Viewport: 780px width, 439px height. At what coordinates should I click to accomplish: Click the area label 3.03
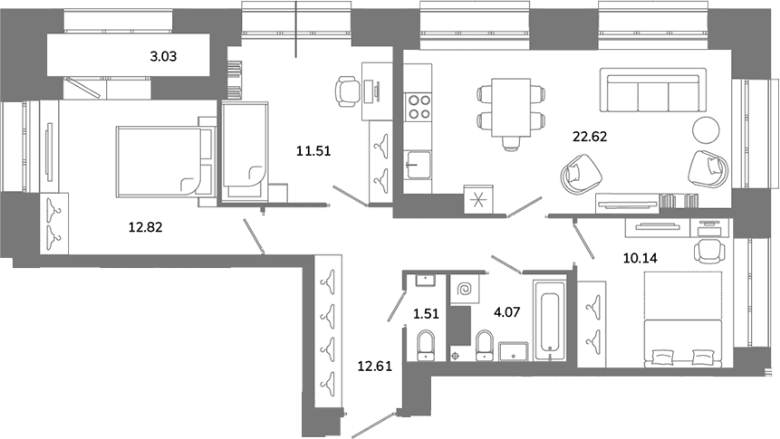point(163,57)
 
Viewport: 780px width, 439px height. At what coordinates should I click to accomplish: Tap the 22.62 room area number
point(590,136)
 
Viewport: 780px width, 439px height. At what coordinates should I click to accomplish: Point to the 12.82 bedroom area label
point(145,228)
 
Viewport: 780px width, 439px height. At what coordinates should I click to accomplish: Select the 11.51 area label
point(313,150)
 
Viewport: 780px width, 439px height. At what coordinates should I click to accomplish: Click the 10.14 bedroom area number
point(640,258)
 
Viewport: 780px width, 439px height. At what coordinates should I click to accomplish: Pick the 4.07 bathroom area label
point(507,312)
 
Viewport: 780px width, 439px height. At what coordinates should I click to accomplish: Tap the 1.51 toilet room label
point(426,314)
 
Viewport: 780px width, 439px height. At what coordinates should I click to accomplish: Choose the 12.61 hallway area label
point(374,367)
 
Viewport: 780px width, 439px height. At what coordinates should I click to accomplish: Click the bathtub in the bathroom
point(550,320)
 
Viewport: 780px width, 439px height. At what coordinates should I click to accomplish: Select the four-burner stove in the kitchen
point(419,107)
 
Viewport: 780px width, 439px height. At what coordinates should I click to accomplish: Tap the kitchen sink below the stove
point(418,165)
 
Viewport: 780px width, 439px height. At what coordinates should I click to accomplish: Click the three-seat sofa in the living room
point(653,90)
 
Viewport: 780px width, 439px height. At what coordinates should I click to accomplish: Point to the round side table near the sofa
point(706,129)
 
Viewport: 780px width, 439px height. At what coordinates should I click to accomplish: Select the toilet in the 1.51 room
point(425,345)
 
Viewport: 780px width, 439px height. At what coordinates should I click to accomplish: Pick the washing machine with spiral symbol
point(465,290)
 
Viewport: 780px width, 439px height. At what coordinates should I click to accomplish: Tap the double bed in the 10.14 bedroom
point(683,320)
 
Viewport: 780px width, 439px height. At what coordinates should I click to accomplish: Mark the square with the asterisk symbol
point(478,199)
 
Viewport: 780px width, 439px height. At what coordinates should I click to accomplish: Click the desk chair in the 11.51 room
point(348,91)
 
